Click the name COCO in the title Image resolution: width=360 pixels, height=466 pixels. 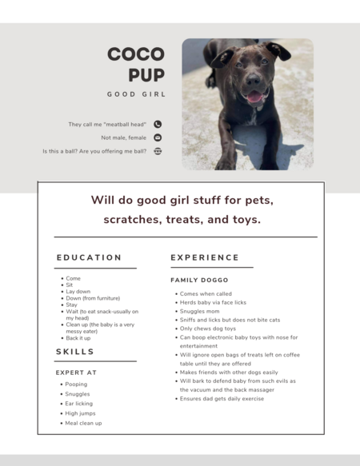(x=136, y=54)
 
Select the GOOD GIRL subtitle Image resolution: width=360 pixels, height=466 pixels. (x=136, y=94)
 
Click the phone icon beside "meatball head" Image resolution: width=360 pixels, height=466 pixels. (x=158, y=124)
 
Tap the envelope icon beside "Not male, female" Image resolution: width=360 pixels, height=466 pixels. (x=158, y=137)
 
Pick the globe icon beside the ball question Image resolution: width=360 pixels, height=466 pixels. (x=158, y=150)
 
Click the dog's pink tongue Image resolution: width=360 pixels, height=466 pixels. (x=254, y=98)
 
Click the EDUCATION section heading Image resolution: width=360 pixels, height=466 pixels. (x=89, y=257)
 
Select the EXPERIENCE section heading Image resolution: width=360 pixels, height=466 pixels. (x=205, y=257)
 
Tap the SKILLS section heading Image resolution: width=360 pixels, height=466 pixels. (x=75, y=352)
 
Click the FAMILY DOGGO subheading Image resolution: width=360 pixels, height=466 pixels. (x=199, y=281)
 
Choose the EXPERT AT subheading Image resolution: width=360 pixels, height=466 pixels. (x=76, y=372)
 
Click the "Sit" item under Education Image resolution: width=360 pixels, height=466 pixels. (x=70, y=285)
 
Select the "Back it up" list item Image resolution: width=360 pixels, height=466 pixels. (x=78, y=338)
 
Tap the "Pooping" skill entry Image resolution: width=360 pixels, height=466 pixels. (x=76, y=384)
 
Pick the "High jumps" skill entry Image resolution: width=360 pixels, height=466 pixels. (x=80, y=413)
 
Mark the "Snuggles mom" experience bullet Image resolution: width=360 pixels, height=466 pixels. (x=202, y=311)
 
